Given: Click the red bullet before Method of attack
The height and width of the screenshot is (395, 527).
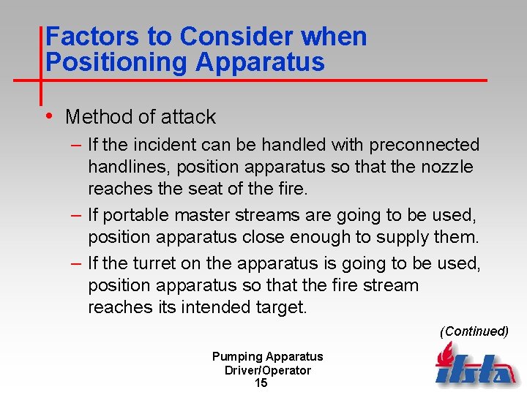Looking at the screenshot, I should point(48,116).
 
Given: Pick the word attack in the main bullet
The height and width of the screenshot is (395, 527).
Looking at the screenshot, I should point(187,116).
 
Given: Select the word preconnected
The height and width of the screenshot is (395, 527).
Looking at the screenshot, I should point(424,145).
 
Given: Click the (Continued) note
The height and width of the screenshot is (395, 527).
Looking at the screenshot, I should point(474,331).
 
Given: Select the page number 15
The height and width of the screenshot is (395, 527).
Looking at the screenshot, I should point(261,383).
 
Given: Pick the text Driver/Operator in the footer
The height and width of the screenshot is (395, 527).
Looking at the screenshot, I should point(268,370).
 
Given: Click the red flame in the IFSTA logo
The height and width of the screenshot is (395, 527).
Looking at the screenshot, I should point(444,356).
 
